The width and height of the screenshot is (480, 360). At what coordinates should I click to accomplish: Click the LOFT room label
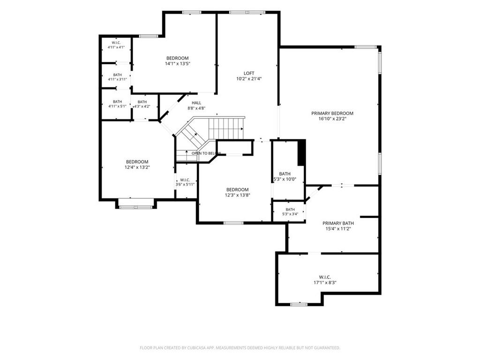click(249, 73)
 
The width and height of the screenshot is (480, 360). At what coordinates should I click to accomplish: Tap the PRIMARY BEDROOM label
click(332, 113)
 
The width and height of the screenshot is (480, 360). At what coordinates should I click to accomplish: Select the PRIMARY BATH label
click(338, 223)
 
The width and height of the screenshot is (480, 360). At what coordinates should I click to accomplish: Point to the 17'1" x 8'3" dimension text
click(325, 283)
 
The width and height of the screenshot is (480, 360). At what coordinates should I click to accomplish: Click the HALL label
click(196, 103)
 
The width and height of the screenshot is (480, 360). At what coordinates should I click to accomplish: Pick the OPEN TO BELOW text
click(206, 153)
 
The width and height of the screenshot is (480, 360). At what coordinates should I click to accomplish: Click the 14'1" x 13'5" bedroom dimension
click(178, 64)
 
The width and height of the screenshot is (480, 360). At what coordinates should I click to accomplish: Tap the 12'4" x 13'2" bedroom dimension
click(137, 167)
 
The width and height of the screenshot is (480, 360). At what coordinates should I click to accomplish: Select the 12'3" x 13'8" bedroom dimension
click(238, 195)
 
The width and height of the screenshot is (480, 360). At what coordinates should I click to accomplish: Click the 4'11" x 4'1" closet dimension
click(116, 47)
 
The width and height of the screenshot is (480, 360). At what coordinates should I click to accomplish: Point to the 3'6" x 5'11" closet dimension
click(185, 184)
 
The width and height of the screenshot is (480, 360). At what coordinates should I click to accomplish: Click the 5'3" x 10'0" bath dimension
click(285, 179)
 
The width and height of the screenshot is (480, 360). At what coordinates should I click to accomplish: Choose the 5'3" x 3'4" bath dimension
click(290, 214)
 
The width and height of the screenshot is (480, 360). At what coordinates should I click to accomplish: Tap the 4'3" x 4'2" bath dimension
click(142, 106)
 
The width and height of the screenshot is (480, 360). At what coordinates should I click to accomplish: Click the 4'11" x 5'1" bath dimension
click(117, 106)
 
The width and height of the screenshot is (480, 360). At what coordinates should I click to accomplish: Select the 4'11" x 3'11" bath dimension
click(117, 79)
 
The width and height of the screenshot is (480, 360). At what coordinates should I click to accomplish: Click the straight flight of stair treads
click(226, 128)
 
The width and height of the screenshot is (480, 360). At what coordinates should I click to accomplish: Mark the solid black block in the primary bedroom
click(302, 153)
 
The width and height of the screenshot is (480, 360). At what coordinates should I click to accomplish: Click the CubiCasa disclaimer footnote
click(240, 348)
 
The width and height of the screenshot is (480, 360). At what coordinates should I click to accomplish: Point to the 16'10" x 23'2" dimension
click(332, 119)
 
